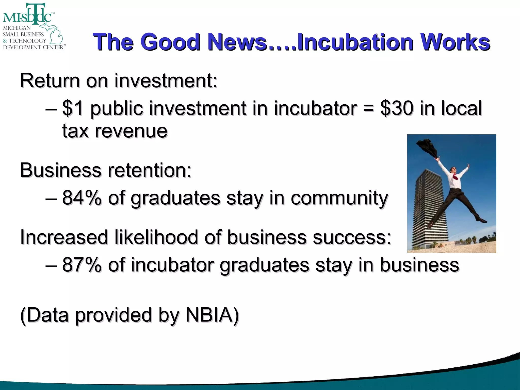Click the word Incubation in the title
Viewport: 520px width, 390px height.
point(355,42)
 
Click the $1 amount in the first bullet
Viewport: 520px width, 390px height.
point(73,108)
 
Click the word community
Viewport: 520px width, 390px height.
point(339,198)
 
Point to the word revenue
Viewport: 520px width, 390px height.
point(131,131)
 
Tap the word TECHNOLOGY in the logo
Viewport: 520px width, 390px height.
point(27,41)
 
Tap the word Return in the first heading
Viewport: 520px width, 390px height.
point(50,81)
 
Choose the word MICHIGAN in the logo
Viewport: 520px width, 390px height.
point(17,28)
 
